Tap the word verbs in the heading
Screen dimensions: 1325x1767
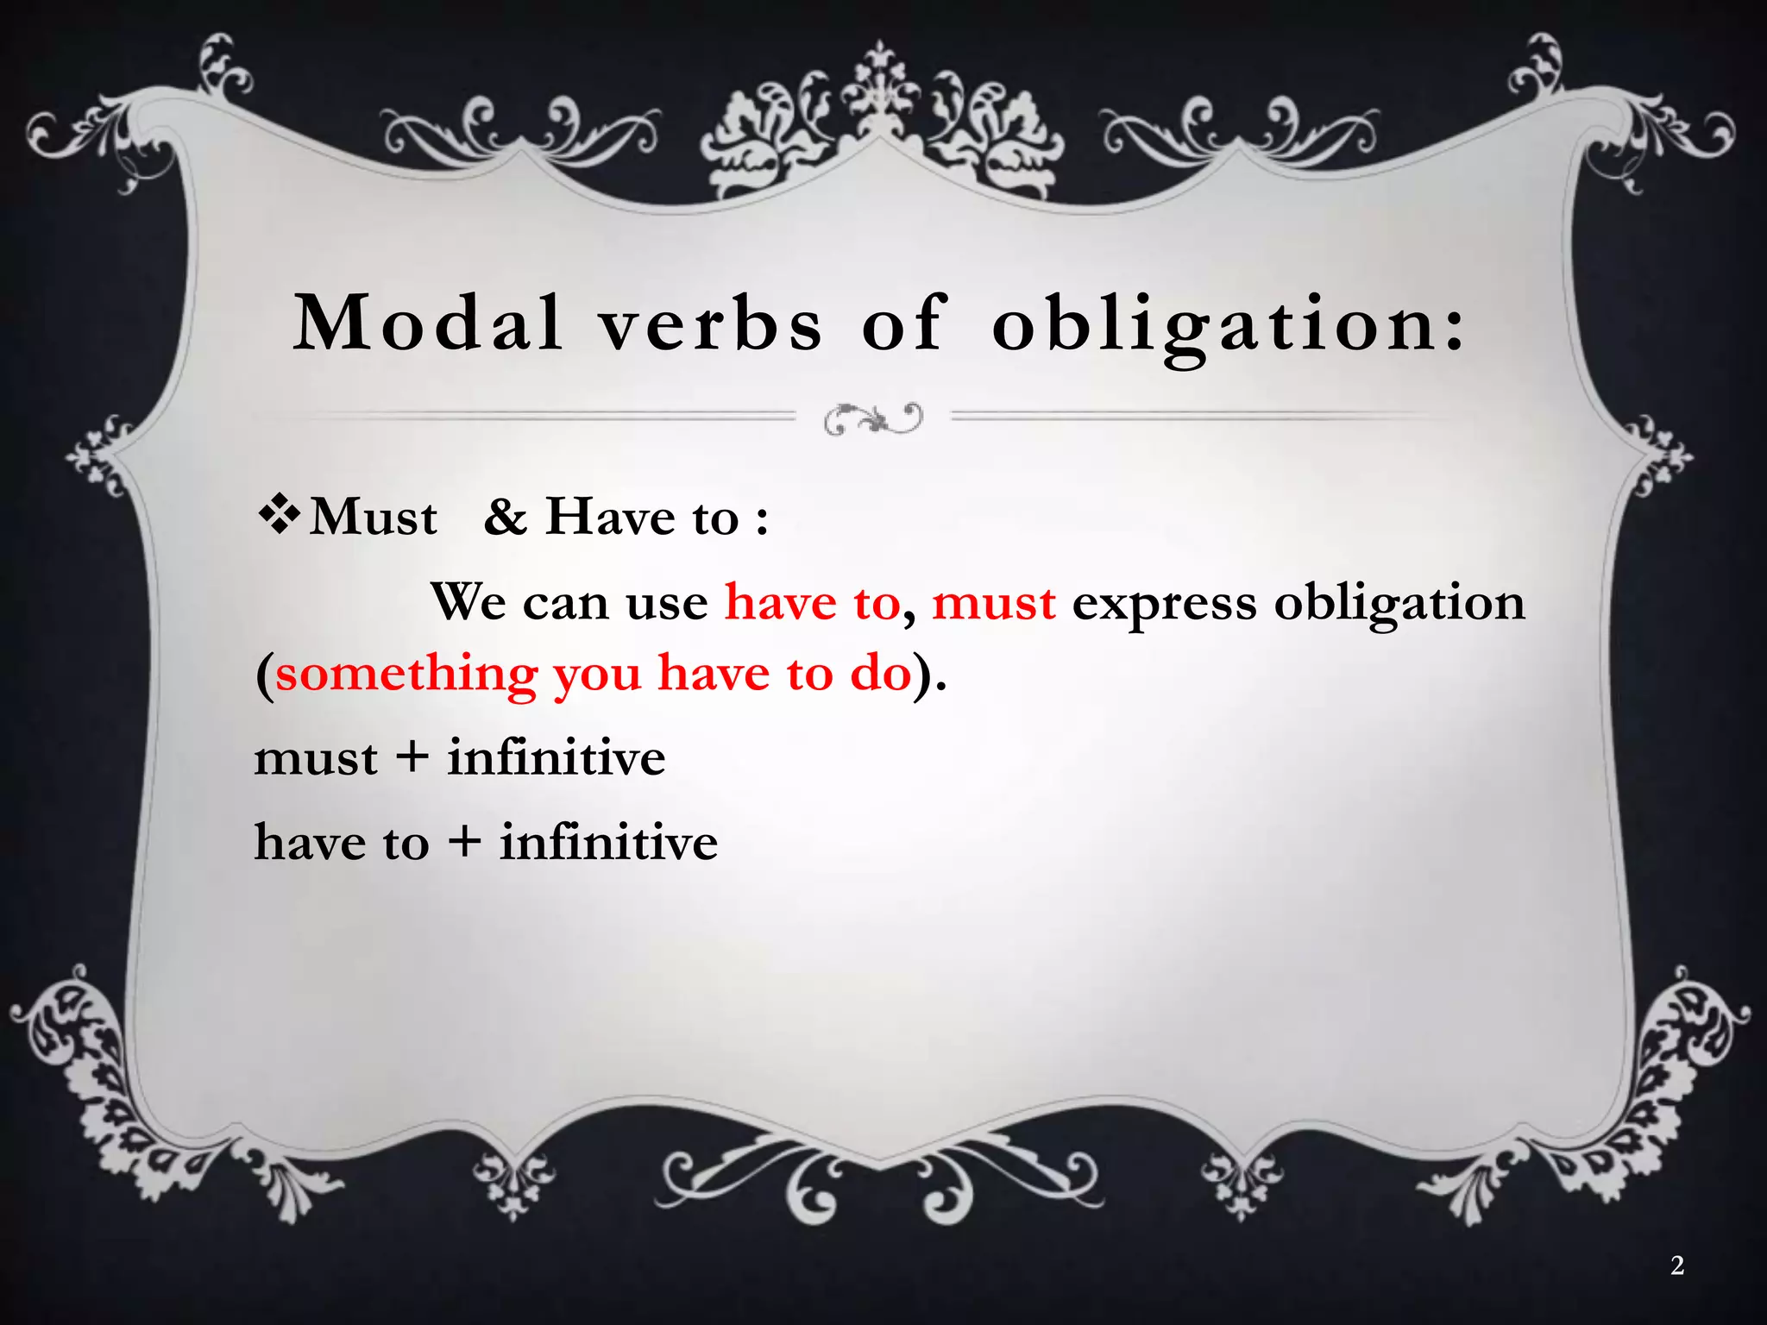[711, 324]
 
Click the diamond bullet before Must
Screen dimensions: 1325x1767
[279, 516]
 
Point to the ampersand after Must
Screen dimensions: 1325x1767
[505, 517]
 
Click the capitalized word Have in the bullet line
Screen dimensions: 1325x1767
[610, 517]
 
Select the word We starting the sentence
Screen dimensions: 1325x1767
[468, 601]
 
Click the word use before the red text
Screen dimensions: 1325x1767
[666, 602]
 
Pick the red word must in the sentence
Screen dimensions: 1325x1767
[994, 602]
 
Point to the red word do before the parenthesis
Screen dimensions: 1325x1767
[881, 673]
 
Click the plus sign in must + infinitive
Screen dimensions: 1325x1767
[412, 757]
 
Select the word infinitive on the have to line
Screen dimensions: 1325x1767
[608, 842]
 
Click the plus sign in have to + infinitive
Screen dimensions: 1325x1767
[464, 841]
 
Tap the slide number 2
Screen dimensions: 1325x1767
[1676, 1265]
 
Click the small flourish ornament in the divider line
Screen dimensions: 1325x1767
[873, 418]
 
